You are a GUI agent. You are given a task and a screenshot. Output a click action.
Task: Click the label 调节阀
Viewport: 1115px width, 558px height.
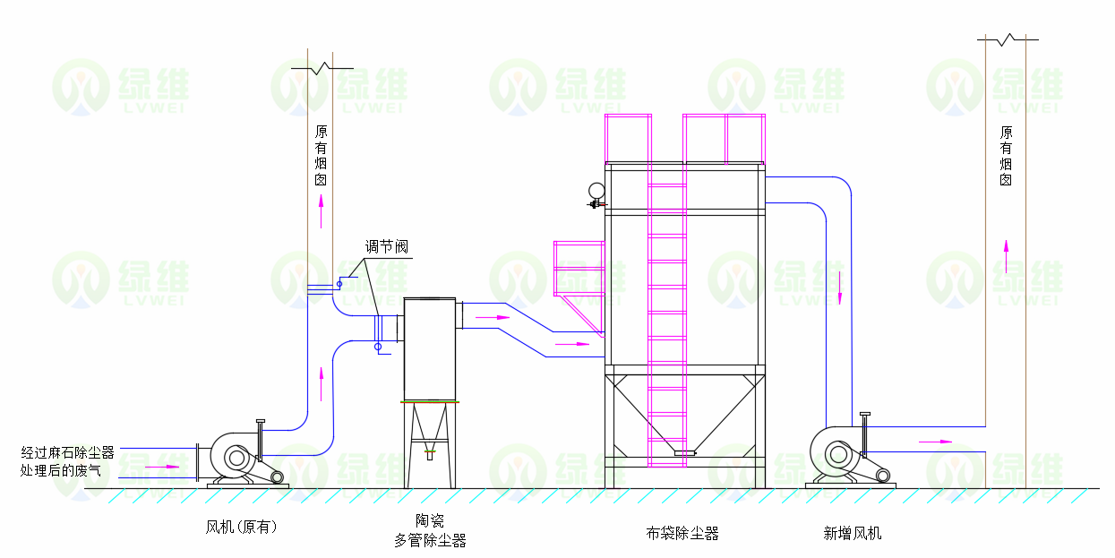coord(386,247)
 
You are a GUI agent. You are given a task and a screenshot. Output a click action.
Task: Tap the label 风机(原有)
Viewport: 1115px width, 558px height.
coord(241,528)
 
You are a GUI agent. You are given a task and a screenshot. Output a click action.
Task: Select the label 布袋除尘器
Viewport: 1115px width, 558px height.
coord(682,534)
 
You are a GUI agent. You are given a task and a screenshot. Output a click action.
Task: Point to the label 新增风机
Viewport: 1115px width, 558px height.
coord(853,534)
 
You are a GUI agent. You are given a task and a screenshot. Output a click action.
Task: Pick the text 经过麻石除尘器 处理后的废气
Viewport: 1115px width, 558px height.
coord(68,460)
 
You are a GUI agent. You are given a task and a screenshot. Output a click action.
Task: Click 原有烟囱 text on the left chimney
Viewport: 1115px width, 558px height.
coord(321,155)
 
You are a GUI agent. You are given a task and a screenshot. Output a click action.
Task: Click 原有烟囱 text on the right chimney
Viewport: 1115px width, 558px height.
coord(1006,155)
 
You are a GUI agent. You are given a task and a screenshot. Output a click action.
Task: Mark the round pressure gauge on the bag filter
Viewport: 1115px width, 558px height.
coord(596,190)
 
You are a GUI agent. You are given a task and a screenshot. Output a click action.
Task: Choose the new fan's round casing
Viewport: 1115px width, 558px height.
coord(838,454)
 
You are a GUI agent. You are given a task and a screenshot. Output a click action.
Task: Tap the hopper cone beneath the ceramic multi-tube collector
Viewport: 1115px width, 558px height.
coord(430,425)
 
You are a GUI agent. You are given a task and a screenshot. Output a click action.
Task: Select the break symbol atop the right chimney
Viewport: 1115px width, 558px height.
coord(1008,39)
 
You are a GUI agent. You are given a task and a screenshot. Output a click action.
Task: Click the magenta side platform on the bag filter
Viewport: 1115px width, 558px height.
coord(579,269)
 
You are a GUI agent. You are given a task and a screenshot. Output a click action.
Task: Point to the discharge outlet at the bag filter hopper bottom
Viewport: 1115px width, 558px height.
coord(684,454)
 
